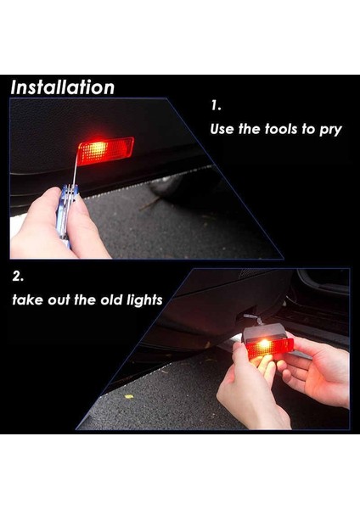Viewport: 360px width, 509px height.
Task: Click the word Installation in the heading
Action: [62, 87]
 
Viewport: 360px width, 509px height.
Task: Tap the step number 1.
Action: [216, 105]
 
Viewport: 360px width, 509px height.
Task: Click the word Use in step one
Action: [222, 129]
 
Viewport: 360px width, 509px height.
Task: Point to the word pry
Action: [331, 130]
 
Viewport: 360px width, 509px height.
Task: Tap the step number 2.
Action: [18, 276]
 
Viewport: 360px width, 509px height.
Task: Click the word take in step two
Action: [27, 299]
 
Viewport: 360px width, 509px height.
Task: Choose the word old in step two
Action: [111, 299]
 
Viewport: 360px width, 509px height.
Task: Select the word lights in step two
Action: [144, 300]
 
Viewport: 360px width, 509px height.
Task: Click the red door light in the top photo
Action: [106, 151]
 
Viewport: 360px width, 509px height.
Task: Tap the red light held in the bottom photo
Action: [270, 348]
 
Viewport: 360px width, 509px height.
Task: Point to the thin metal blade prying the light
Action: [76, 169]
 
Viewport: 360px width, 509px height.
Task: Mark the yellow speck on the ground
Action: [129, 397]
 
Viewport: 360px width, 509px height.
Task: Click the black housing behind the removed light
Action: [265, 333]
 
